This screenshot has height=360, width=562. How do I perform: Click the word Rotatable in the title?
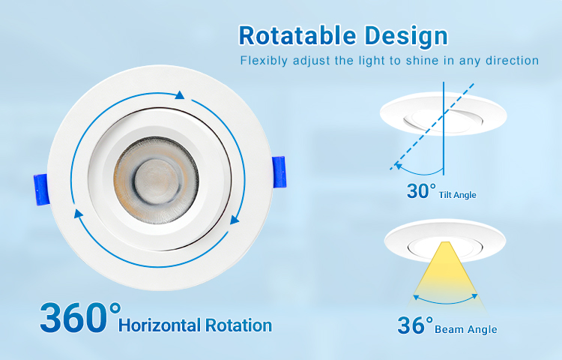(x=297, y=35)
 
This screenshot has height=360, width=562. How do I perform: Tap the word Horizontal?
(x=160, y=325)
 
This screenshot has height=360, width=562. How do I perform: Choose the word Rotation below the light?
(x=238, y=325)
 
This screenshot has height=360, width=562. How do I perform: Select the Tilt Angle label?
(x=457, y=195)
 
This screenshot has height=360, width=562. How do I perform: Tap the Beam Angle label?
(x=465, y=329)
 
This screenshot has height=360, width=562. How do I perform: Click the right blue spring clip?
(x=279, y=172)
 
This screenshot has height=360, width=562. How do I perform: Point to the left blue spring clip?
(x=41, y=189)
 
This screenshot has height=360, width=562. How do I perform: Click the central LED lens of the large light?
(x=157, y=180)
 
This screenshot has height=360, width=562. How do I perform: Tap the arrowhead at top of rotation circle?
(x=180, y=95)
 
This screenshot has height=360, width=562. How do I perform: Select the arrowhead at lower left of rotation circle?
(x=78, y=214)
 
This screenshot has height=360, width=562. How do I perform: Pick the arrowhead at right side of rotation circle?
(x=235, y=219)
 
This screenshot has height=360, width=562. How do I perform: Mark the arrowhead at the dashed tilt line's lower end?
(x=398, y=165)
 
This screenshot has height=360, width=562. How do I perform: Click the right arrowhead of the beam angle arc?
(x=474, y=296)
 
